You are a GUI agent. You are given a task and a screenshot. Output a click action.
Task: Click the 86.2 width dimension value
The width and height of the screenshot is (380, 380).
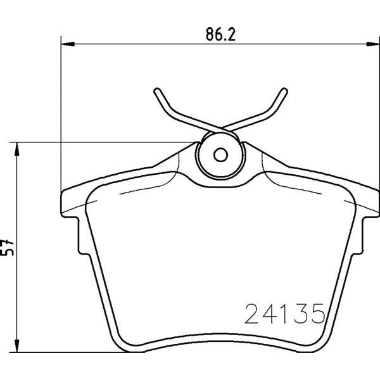point(220,34)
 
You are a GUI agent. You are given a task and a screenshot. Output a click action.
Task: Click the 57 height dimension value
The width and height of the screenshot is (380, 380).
point(7,248)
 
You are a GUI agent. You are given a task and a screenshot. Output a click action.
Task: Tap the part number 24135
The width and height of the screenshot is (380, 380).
point(285,313)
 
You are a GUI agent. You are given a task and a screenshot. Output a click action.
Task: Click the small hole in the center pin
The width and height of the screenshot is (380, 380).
point(220,155)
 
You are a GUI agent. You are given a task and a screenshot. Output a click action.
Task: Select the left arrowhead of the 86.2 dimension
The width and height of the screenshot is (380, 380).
point(67,44)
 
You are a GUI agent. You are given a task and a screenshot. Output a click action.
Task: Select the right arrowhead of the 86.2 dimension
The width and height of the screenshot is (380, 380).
point(373,44)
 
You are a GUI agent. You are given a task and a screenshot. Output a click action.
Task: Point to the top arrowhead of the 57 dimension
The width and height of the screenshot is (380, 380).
point(16,149)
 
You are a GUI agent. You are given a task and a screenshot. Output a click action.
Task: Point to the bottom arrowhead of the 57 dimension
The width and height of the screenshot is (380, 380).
point(16,345)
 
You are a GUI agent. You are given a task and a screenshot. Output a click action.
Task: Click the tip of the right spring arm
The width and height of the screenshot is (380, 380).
point(284,91)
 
